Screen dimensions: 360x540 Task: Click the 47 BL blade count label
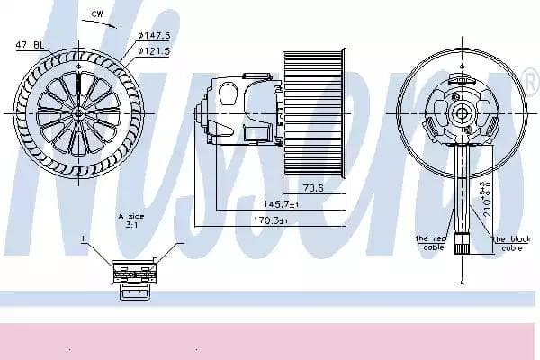pyautogui.click(x=30, y=43)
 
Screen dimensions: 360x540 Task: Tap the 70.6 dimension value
pyautogui.click(x=312, y=189)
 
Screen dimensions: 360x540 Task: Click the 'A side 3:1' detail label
pyautogui.click(x=131, y=220)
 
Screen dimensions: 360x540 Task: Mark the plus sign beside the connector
pyautogui.click(x=84, y=238)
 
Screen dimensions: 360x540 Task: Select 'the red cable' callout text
pyautogui.click(x=430, y=243)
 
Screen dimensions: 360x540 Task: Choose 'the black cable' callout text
pyautogui.click(x=511, y=243)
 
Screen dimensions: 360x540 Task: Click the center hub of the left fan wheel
pyautogui.click(x=80, y=112)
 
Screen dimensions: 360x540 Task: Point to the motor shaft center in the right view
pyautogui.click(x=463, y=112)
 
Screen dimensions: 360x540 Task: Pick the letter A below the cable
pyautogui.click(x=463, y=281)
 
